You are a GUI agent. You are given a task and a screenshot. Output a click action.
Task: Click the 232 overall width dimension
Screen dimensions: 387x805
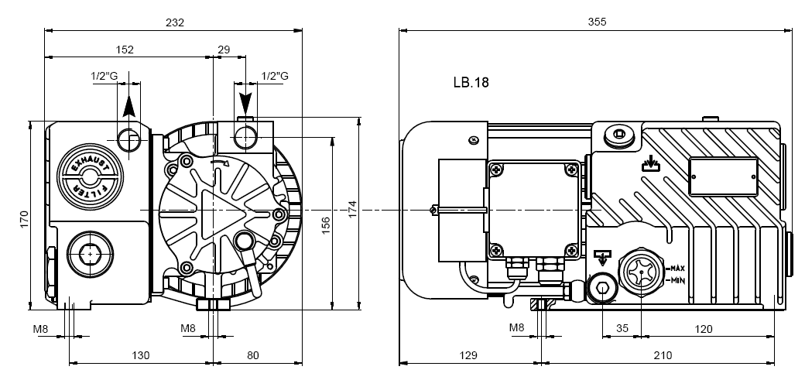point(175,22)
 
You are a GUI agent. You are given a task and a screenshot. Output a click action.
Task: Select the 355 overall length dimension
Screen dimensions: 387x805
point(597,22)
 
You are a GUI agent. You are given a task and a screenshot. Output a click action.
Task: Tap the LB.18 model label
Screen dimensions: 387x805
point(471,81)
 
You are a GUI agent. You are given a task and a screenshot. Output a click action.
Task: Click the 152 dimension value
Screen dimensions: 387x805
point(125,50)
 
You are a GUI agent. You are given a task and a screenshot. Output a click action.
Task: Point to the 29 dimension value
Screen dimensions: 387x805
point(224,50)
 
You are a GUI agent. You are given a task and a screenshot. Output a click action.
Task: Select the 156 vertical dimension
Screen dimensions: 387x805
point(326,224)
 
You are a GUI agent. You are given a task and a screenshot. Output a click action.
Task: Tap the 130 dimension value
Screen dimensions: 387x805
point(140,355)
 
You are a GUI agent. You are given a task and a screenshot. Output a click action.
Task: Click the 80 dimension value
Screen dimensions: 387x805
point(253,355)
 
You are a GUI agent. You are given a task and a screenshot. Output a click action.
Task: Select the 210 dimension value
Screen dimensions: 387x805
point(663,355)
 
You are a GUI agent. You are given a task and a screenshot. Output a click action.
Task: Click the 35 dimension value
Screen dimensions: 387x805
point(622,328)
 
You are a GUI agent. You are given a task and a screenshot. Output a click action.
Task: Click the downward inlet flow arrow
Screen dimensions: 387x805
point(245,101)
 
